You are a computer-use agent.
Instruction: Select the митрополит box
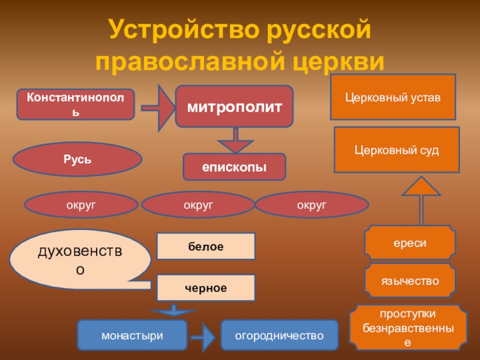coord(234,106)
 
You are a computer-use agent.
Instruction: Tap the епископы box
coord(234,167)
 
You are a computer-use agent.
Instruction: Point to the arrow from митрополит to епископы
coord(235,140)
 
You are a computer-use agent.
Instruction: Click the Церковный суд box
coord(397,149)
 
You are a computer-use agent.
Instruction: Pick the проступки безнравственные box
coord(408,328)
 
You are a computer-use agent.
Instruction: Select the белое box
coord(206,247)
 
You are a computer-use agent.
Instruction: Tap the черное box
coord(206,287)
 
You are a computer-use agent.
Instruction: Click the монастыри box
coord(132,335)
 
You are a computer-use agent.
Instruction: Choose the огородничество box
coord(279,335)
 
